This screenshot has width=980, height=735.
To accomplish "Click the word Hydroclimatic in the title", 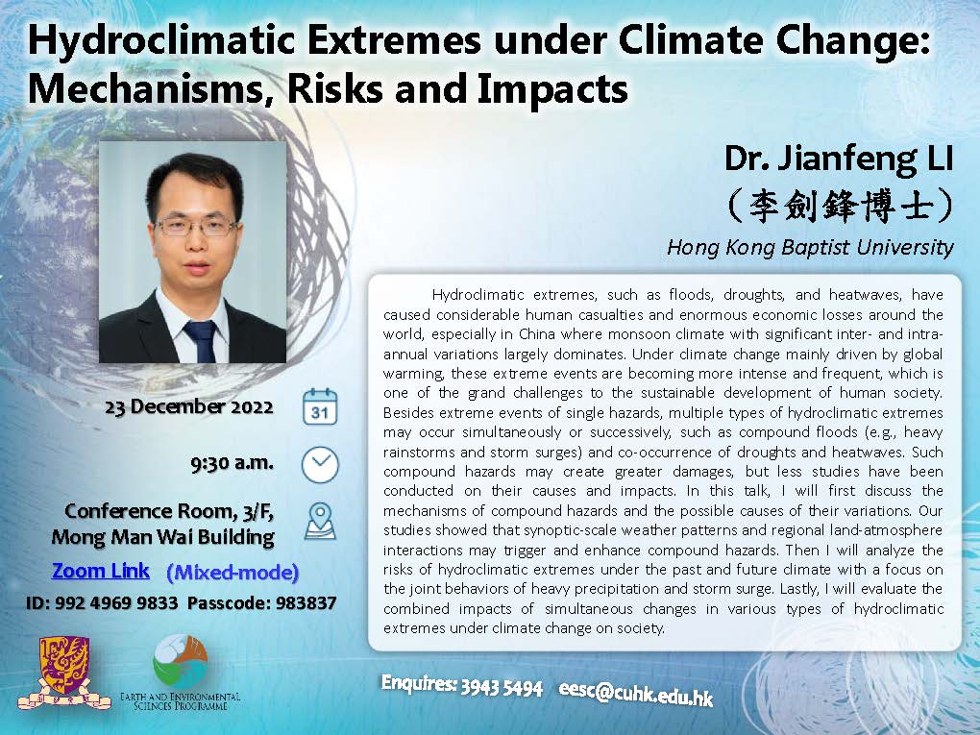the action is point(161,42).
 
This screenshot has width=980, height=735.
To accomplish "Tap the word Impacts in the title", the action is point(552,88).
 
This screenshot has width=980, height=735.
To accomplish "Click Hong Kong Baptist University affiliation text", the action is point(810,248).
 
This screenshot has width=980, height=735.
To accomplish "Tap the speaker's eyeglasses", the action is point(196,226).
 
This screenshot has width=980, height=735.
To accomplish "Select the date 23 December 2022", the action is point(189,406).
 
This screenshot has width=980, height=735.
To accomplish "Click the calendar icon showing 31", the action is point(320,406).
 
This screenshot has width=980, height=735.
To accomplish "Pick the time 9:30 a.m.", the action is point(232,463).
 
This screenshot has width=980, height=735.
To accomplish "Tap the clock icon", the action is point(320,465).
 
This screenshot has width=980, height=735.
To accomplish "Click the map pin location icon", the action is point(320,522).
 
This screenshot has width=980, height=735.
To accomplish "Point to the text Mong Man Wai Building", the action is point(162,537).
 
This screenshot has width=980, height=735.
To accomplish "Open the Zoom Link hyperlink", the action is point(101,571).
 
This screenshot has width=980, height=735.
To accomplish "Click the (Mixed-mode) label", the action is point(233,573).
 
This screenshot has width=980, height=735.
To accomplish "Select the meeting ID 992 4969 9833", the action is point(116,603).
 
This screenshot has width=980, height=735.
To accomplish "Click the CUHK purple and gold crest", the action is point(63,673).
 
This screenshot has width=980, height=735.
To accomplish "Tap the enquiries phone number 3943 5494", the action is point(502,688).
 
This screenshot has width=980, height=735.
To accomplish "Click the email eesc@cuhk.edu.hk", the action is point(636,692).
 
